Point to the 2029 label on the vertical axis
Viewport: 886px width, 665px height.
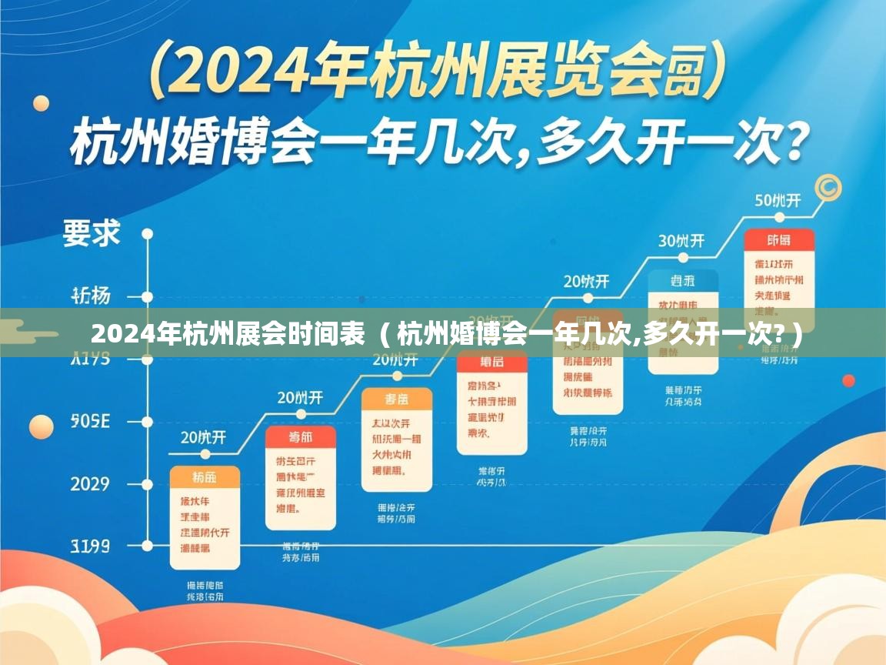pyautogui.click(x=90, y=484)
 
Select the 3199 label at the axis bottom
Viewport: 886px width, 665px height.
pyautogui.click(x=90, y=546)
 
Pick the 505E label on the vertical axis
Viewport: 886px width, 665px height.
pyautogui.click(x=90, y=421)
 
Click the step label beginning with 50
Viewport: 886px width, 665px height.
pyautogui.click(x=778, y=201)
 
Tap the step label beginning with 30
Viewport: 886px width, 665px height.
pyautogui.click(x=681, y=240)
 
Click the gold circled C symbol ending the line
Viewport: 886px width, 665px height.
pyautogui.click(x=828, y=187)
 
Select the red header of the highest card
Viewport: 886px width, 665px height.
pyautogui.click(x=778, y=240)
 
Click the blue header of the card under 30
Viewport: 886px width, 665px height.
pyautogui.click(x=682, y=280)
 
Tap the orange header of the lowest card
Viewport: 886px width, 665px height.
pyautogui.click(x=205, y=476)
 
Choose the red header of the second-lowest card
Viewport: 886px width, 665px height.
pyautogui.click(x=300, y=437)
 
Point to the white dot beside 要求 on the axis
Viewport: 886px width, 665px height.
pyautogui.click(x=147, y=233)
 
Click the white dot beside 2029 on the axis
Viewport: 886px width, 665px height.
pyautogui.click(x=147, y=484)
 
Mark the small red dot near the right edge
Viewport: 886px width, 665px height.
pyautogui.click(x=848, y=380)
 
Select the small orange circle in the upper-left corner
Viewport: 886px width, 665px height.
pyautogui.click(x=41, y=103)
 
